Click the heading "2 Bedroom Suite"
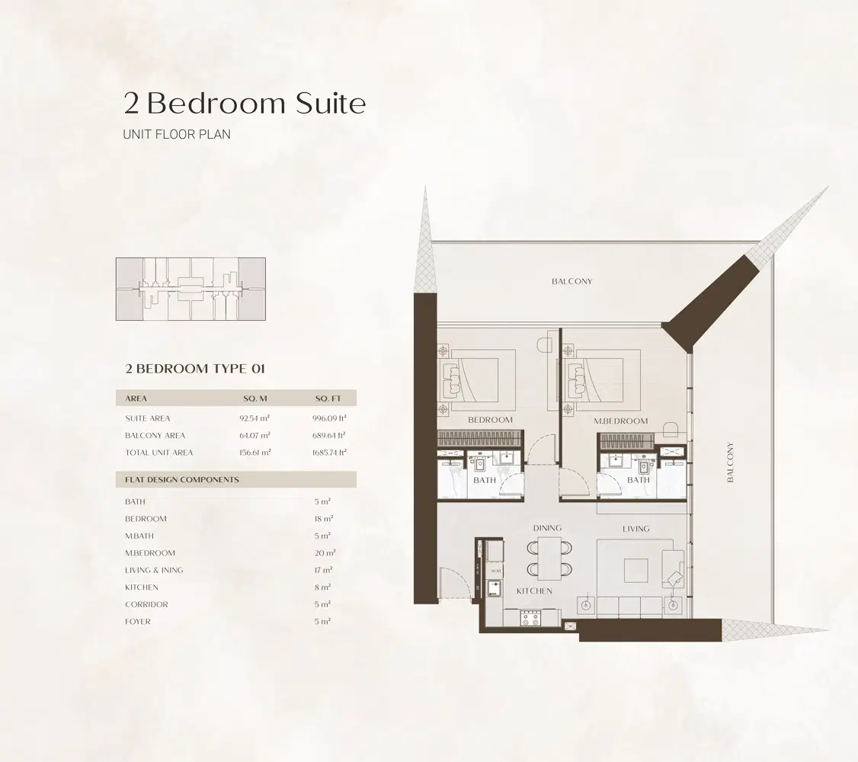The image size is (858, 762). tap(245, 103)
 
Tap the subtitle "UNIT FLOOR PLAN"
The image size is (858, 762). tap(177, 134)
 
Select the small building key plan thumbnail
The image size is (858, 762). tap(190, 289)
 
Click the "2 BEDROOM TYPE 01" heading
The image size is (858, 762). tap(195, 369)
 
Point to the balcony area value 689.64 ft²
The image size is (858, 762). tap(331, 436)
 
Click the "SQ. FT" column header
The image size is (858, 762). tap(329, 399)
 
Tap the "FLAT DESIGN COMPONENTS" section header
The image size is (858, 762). tap(182, 480)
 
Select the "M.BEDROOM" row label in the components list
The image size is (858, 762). tap(150, 553)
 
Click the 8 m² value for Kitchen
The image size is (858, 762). tap(322, 588)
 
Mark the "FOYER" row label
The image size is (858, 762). tap(138, 622)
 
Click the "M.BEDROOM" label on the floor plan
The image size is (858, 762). tap(621, 421)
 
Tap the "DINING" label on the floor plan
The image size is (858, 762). tap(547, 528)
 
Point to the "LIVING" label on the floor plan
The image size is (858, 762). tap(635, 528)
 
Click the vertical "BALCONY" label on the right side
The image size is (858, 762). tap(730, 462)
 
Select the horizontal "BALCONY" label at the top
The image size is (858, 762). tap(571, 281)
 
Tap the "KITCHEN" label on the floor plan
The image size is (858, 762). tap(533, 591)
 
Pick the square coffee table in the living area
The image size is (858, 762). tap(635, 570)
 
